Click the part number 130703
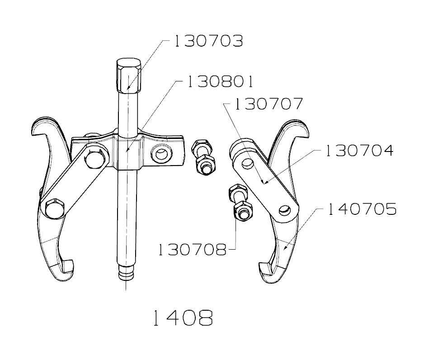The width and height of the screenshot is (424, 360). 208,42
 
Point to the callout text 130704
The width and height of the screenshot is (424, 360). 359,150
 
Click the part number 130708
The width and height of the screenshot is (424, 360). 193,249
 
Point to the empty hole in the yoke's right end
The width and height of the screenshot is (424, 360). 161,155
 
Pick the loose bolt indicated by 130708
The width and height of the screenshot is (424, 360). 239,203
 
